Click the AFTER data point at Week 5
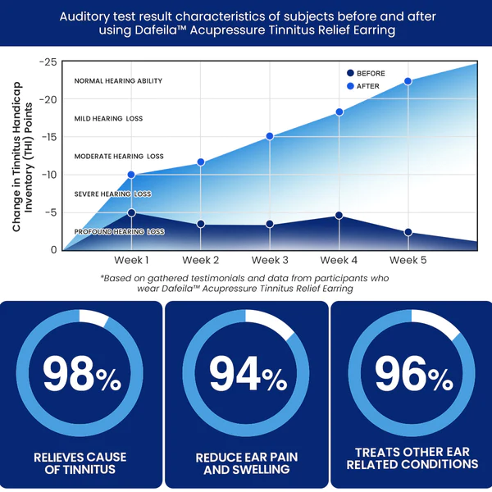(408, 81)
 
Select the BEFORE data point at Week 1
(131, 212)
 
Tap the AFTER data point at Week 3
(269, 136)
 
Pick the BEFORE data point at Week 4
(339, 216)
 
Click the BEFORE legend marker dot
(350, 73)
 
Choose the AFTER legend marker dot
(350, 85)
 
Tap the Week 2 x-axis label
(200, 260)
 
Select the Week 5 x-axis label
(408, 260)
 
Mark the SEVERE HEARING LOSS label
(118, 194)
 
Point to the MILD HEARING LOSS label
(108, 119)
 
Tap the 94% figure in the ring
(246, 375)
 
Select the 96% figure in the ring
(412, 375)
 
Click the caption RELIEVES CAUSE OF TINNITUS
(80, 462)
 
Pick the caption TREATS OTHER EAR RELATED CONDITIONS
(412, 458)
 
